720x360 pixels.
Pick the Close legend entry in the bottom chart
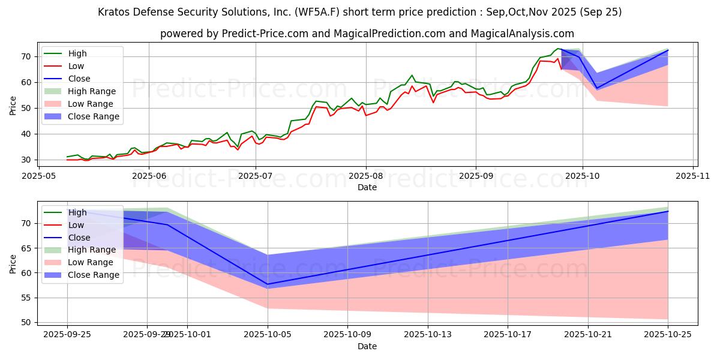(79, 238)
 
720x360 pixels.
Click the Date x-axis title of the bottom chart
(367, 347)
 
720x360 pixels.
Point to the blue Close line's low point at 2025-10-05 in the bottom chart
(268, 284)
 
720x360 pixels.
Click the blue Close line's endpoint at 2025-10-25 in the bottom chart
(668, 211)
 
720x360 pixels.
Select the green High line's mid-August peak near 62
(412, 76)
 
